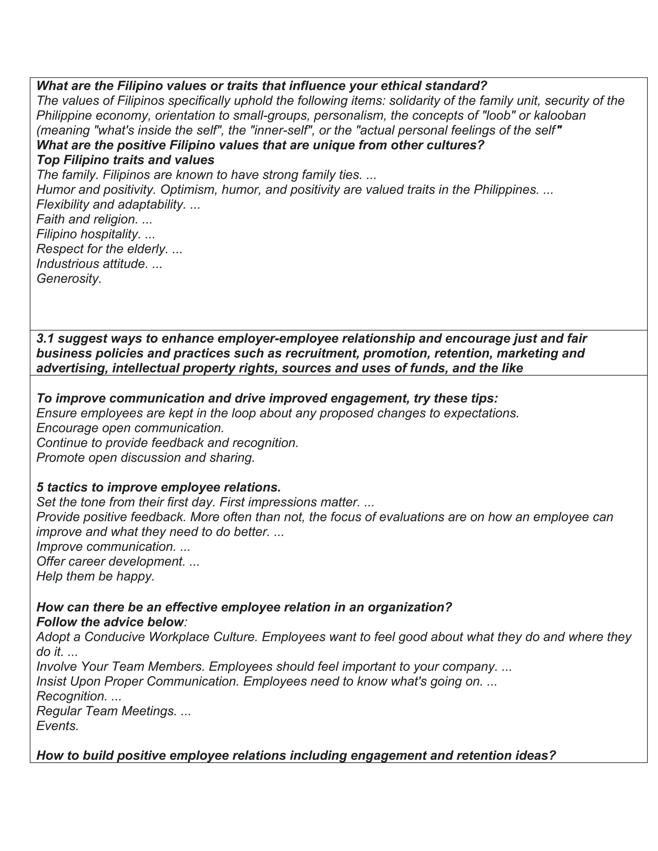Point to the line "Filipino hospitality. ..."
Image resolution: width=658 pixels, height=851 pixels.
(95, 234)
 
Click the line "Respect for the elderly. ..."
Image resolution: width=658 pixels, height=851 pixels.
(109, 249)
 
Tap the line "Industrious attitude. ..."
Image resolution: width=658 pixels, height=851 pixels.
(99, 263)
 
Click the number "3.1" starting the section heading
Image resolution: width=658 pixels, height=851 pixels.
(46, 338)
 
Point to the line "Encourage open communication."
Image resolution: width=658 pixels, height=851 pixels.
(130, 428)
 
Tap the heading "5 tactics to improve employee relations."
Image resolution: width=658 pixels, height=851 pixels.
(159, 487)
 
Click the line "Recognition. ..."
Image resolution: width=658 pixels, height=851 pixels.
(79, 696)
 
